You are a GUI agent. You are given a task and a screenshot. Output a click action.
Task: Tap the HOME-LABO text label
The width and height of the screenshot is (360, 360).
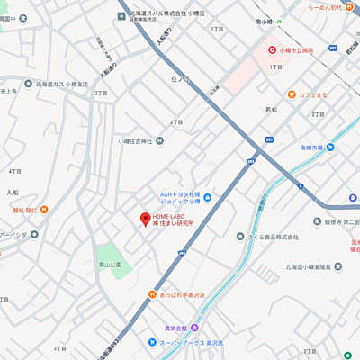tap(172, 217)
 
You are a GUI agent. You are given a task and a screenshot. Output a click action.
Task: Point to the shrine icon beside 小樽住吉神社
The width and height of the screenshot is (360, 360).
tap(159, 140)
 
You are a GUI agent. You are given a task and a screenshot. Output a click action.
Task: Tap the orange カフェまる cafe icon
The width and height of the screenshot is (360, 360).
tap(292, 95)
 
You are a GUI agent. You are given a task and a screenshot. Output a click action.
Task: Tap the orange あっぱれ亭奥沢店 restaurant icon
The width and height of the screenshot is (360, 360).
tap(152, 295)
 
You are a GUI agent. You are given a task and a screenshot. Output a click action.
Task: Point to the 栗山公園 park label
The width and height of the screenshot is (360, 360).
tap(112, 265)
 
